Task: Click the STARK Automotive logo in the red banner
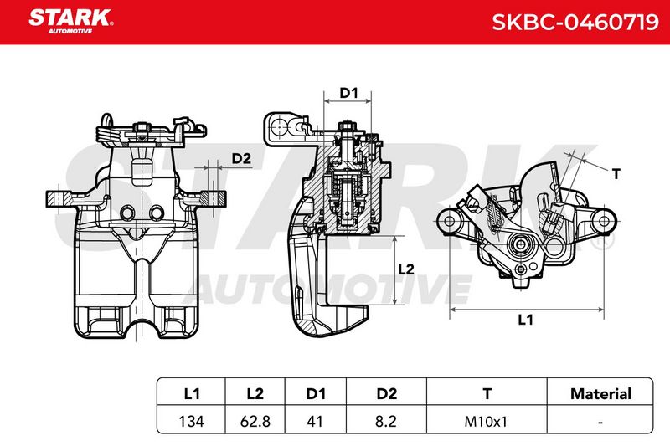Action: pyautogui.click(x=71, y=21)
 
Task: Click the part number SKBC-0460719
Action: pyautogui.click(x=575, y=22)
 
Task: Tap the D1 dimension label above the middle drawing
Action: pyautogui.click(x=348, y=93)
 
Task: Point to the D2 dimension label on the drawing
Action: pyautogui.click(x=241, y=159)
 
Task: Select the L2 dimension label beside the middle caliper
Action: pyautogui.click(x=406, y=269)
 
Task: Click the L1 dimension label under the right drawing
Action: pyautogui.click(x=525, y=320)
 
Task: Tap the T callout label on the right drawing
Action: pyautogui.click(x=616, y=174)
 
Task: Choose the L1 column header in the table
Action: pyautogui.click(x=192, y=393)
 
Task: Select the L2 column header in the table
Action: pyautogui.click(x=255, y=393)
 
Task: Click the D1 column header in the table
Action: pyautogui.click(x=316, y=393)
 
